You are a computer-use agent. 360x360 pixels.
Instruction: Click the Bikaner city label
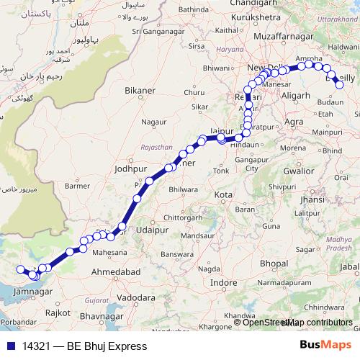pyautogui.click(x=140, y=91)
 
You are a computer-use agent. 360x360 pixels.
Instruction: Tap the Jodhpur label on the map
pyautogui.click(x=130, y=170)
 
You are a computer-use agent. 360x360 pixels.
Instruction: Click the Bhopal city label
pyautogui.click(x=274, y=264)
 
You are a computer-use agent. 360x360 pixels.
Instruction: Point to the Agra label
pyautogui.click(x=294, y=122)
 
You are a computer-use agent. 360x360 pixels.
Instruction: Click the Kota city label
pyautogui.click(x=223, y=195)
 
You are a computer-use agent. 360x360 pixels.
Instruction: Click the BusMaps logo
pyautogui.click(x=325, y=346)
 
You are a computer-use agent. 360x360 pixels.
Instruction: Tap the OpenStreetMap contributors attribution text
pyautogui.click(x=297, y=323)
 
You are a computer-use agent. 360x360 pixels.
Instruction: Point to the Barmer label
pyautogui.click(x=78, y=185)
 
